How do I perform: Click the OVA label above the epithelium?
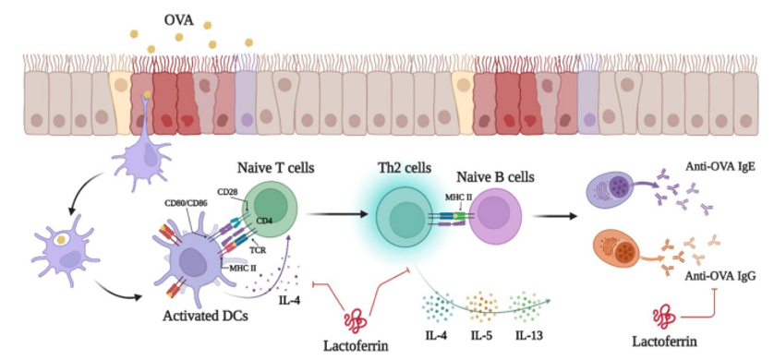click(x=178, y=21)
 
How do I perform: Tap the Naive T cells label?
click(x=276, y=169)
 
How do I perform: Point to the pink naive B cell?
click(x=495, y=218)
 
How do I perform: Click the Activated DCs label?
click(x=205, y=315)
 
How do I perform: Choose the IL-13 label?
click(x=528, y=337)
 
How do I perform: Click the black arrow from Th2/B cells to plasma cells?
click(x=556, y=215)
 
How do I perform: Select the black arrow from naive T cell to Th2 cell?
click(x=338, y=214)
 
